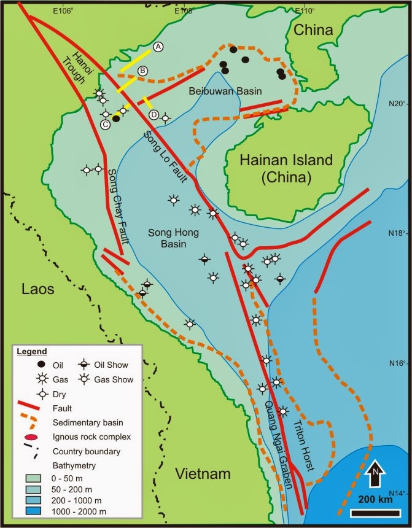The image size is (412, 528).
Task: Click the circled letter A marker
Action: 158,47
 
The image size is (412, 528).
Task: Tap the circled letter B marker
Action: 142,71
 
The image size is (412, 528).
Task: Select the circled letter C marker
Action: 106,125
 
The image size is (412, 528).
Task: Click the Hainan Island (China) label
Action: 277,169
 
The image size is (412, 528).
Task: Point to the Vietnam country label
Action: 203,473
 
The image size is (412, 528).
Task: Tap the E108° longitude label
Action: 185,10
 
